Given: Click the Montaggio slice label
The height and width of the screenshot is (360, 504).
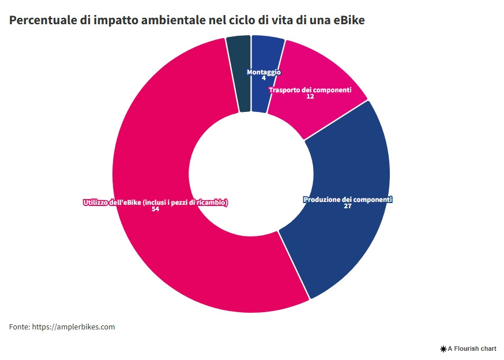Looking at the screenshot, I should [x=264, y=72].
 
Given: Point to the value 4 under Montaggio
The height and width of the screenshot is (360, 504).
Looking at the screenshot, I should [x=264, y=78].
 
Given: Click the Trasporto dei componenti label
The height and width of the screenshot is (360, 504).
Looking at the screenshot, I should [x=310, y=90].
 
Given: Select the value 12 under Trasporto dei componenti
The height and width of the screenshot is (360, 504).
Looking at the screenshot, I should [x=310, y=96].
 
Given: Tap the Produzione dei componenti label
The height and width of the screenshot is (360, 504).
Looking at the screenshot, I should [x=347, y=200].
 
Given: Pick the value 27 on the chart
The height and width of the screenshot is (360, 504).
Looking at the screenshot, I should [x=347, y=206].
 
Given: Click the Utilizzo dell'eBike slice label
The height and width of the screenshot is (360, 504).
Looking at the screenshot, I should [x=155, y=202].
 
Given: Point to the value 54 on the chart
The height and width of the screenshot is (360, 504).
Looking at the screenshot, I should [x=155, y=209].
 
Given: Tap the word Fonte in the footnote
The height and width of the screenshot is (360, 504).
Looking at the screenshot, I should [x=19, y=327].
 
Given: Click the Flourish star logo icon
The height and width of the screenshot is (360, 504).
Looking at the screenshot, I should [x=443, y=349].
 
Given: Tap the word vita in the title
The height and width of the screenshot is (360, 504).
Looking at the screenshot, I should [x=283, y=20].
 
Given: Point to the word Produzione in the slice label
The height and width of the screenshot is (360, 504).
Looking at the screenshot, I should [x=320, y=200].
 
